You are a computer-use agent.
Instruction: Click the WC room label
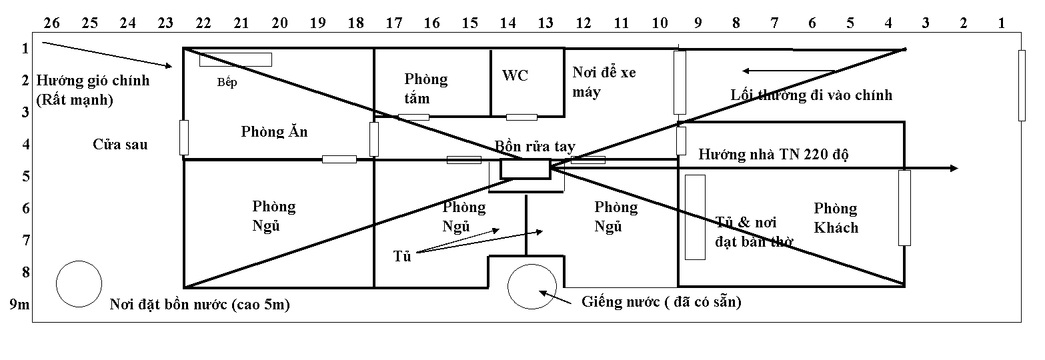tap(515, 75)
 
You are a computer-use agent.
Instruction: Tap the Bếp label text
tap(227, 83)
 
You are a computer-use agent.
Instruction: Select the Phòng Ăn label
tap(274, 131)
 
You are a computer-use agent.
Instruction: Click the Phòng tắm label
tap(425, 89)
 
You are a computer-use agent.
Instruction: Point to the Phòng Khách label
tap(836, 218)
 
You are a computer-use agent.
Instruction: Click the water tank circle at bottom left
tap(79, 283)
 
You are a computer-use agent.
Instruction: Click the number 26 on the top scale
tap(51, 23)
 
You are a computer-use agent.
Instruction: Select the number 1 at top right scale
tap(1001, 23)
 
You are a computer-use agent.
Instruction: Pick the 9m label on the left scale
tap(19, 305)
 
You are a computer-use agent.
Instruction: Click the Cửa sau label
tap(120, 144)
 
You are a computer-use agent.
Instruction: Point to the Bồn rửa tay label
tap(535, 147)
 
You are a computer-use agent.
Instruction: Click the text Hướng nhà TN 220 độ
tap(773, 155)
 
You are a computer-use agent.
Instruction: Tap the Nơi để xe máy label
tap(604, 82)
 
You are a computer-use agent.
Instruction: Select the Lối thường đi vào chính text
tap(811, 95)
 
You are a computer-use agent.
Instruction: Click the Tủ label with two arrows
tap(401, 256)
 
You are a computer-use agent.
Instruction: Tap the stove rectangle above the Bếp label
tap(235, 59)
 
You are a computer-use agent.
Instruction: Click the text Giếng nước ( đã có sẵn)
tap(662, 301)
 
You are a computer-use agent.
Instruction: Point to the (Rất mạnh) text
tap(75, 101)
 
